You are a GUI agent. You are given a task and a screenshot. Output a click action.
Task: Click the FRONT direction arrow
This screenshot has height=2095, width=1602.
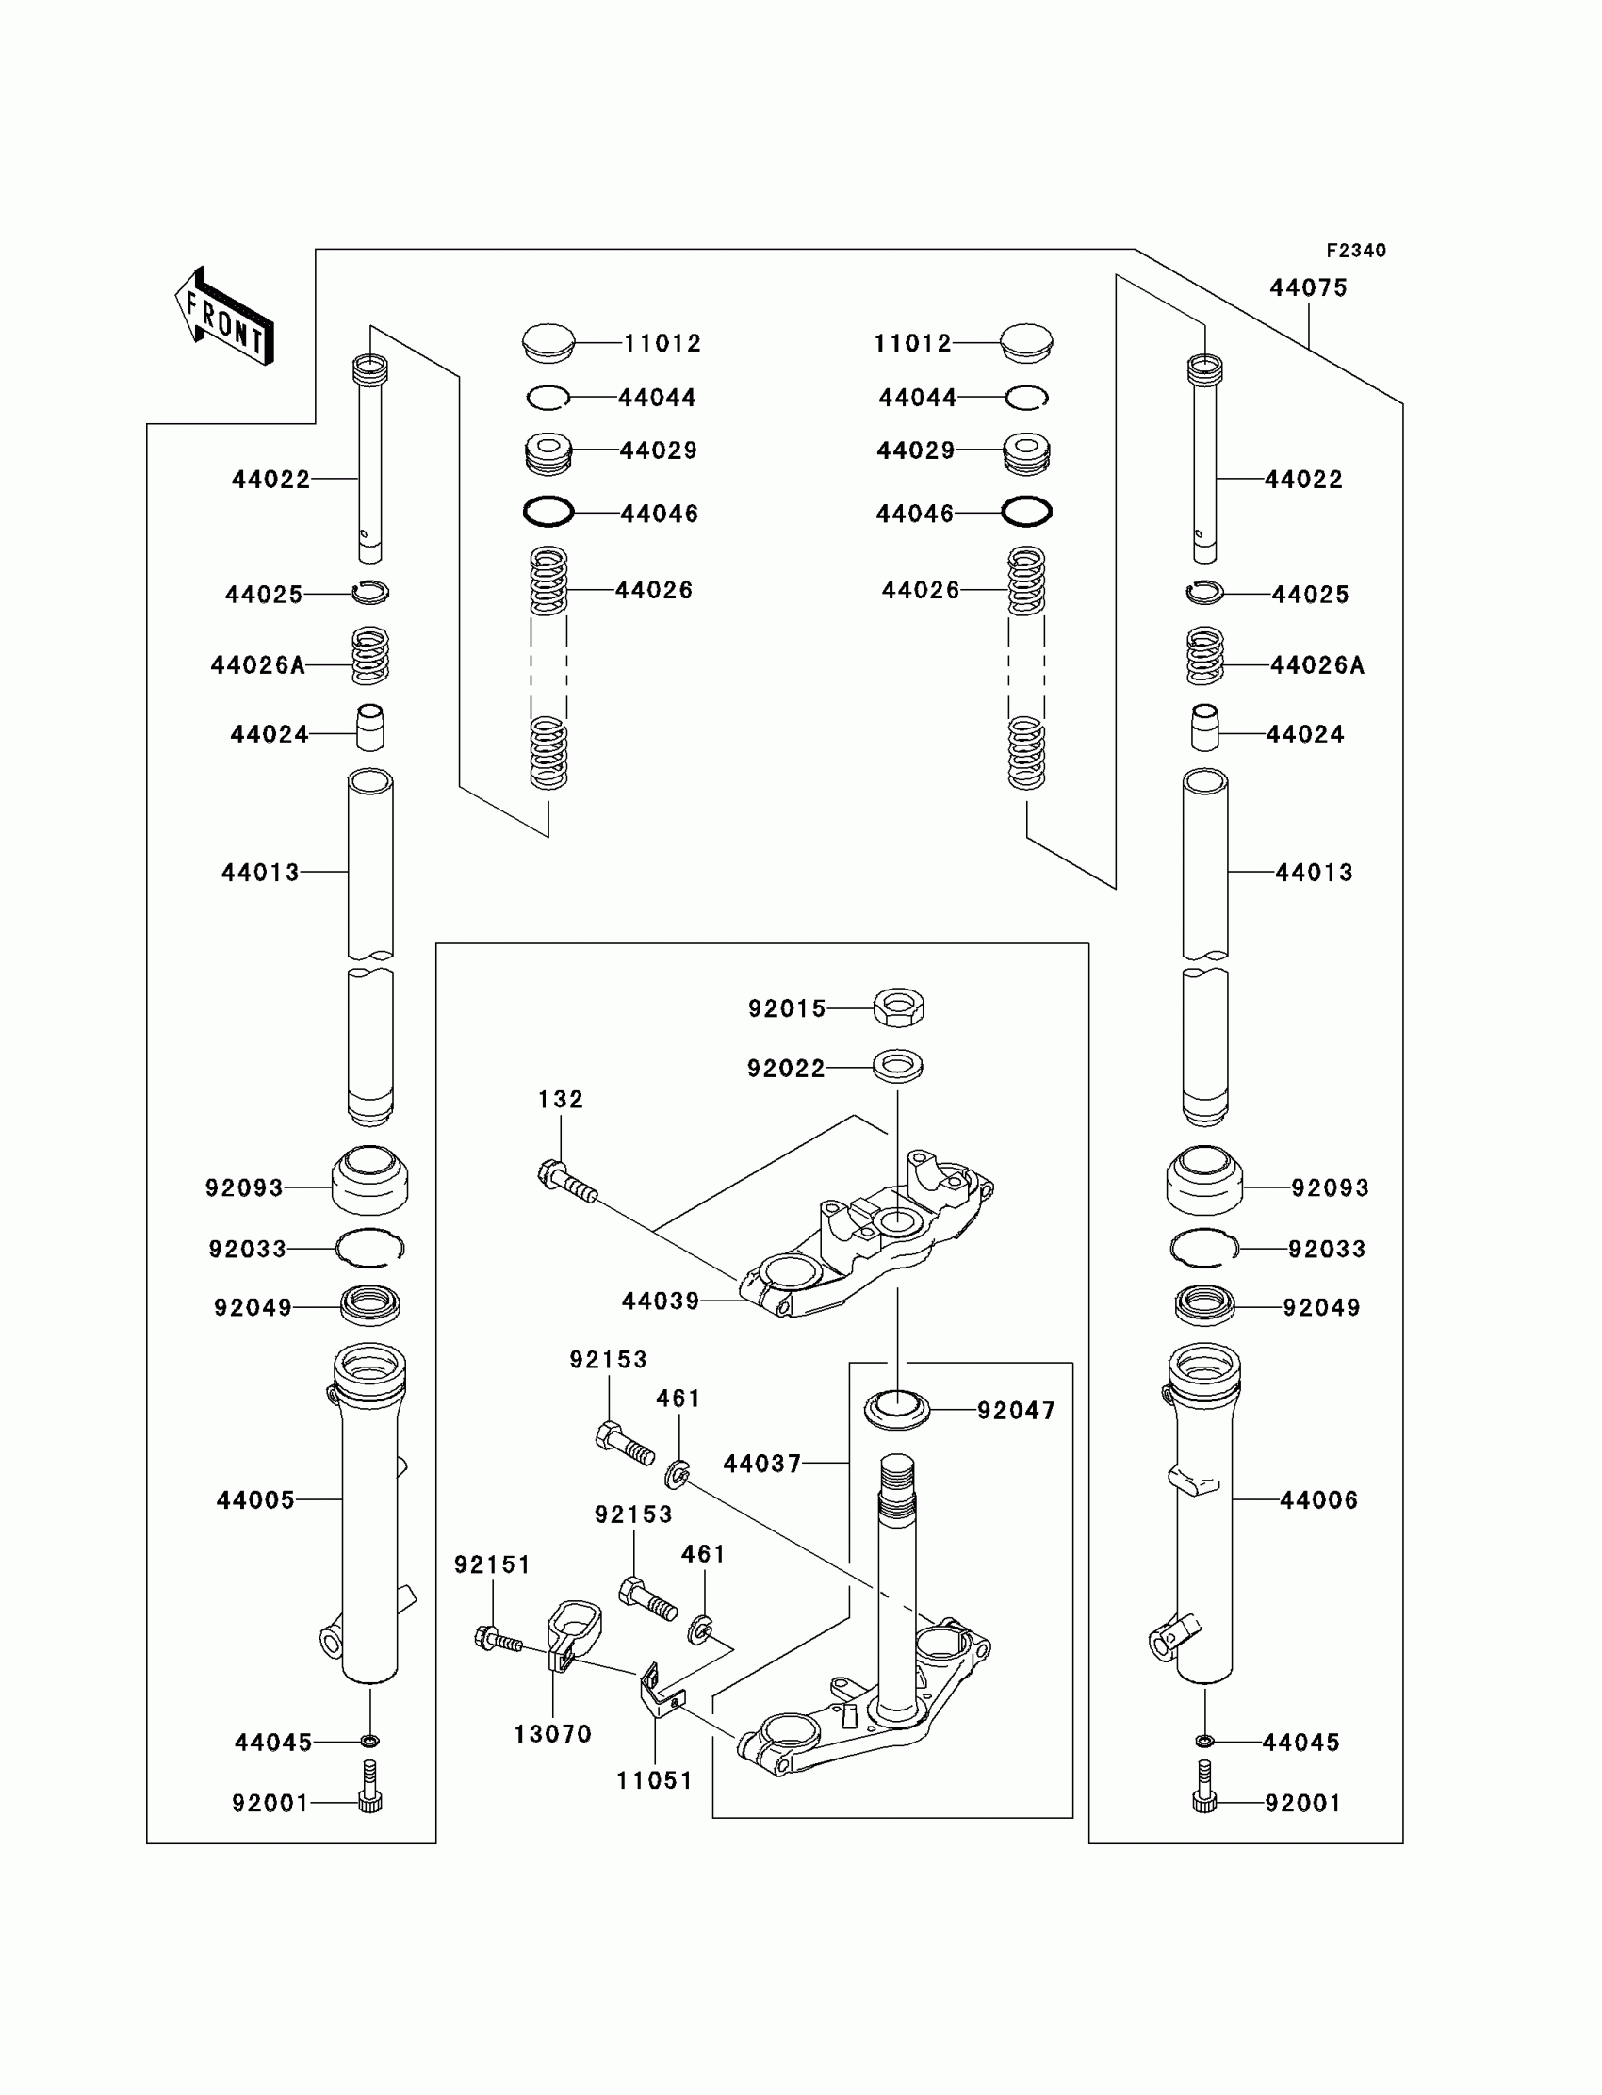coord(224,318)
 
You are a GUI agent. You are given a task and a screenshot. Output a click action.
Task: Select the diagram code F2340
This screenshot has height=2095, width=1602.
coord(1355,251)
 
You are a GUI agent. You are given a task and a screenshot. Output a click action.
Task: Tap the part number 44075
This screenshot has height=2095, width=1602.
coord(1307,288)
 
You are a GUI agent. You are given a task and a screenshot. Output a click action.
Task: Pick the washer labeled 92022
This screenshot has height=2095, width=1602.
coord(897,1066)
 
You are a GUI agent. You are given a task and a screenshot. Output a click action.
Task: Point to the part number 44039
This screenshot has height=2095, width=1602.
coord(660,1301)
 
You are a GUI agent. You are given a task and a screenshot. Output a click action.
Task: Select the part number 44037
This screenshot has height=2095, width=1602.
coord(762,1463)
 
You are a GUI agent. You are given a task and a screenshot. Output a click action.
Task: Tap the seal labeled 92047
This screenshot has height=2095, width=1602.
coord(896,1409)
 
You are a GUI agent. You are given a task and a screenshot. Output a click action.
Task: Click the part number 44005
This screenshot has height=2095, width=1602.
coord(255,1500)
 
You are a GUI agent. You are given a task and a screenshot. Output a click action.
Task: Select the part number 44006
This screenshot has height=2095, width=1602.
coord(1317,1500)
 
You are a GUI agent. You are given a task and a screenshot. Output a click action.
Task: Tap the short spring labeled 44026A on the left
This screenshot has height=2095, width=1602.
coord(370,656)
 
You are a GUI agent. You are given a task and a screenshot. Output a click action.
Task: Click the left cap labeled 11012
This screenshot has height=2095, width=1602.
coord(548,342)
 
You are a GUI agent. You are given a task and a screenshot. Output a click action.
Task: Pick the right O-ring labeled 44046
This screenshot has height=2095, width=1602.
coord(1026,512)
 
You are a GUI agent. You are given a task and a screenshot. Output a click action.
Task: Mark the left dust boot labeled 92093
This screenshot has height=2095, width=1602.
coord(370,1181)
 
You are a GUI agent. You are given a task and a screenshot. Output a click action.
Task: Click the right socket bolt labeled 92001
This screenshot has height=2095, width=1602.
coord(1204,1794)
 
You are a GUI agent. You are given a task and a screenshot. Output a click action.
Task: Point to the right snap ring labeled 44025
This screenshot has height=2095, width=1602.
coord(1205,592)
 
